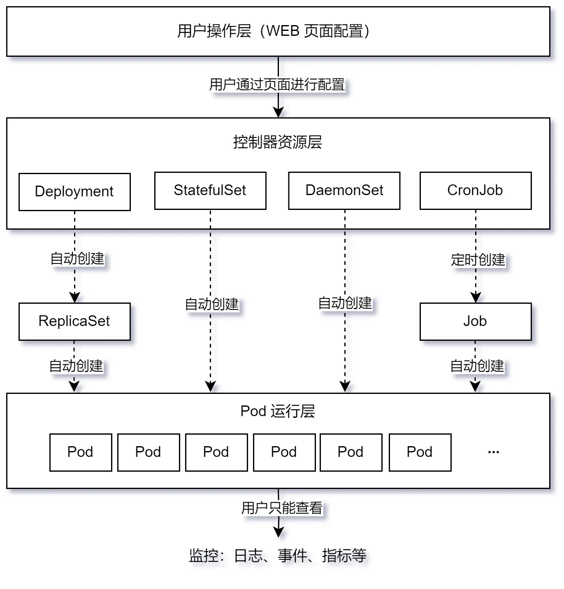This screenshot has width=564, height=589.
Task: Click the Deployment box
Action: click(74, 192)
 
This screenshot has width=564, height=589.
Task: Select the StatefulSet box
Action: click(210, 191)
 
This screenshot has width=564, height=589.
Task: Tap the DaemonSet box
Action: click(344, 191)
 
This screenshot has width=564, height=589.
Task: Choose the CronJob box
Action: click(475, 191)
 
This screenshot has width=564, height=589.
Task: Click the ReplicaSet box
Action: click(74, 321)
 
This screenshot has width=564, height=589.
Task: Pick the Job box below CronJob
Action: click(475, 321)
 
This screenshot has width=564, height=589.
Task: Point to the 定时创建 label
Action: click(478, 260)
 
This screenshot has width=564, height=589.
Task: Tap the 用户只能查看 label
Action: click(282, 508)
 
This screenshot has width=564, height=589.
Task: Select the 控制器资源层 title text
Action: click(277, 142)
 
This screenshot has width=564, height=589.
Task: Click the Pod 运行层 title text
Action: click(278, 411)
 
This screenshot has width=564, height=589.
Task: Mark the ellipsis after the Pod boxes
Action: click(493, 452)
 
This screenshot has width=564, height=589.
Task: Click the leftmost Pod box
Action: click(81, 452)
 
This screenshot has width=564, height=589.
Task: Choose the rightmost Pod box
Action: click(420, 452)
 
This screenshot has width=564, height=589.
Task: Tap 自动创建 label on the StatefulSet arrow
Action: click(211, 304)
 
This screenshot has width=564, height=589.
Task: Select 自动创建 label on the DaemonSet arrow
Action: click(345, 303)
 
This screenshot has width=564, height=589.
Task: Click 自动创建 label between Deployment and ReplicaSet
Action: click(77, 258)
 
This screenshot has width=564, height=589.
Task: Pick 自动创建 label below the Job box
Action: click(477, 366)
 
